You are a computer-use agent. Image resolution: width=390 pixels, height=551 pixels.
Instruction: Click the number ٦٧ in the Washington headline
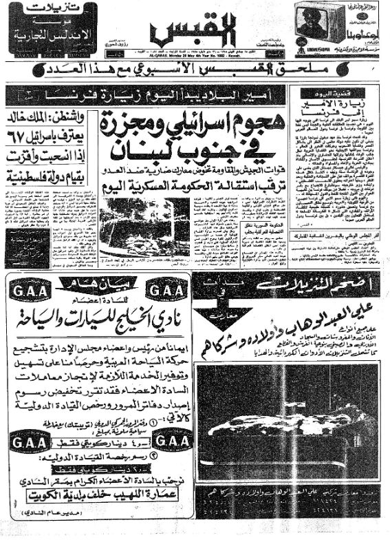19,132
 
